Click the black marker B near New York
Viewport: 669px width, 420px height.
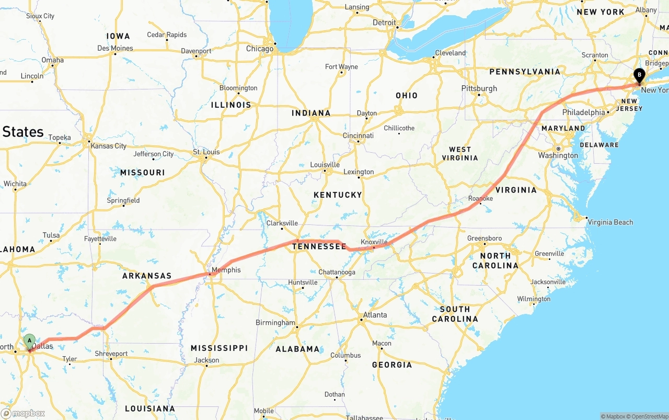click(x=639, y=75)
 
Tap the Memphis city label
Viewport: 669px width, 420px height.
click(x=226, y=270)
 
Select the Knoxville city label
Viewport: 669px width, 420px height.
click(x=374, y=242)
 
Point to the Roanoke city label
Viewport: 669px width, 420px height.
click(x=480, y=199)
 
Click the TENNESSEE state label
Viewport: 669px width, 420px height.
click(x=319, y=246)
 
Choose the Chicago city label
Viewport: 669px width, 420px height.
click(x=260, y=49)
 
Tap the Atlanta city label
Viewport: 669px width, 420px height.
click(x=375, y=315)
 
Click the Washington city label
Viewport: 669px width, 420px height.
click(x=558, y=155)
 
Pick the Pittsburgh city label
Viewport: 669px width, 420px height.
click(x=479, y=88)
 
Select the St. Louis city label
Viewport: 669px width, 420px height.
click(x=206, y=152)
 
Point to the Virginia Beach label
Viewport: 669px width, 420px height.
click(x=610, y=222)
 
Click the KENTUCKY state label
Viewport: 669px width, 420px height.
click(x=338, y=195)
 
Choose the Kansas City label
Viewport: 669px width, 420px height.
click(x=108, y=146)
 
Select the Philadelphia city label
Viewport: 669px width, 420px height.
click(x=583, y=112)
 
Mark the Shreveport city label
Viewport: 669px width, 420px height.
click(x=111, y=354)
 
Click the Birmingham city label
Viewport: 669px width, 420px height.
click(x=275, y=323)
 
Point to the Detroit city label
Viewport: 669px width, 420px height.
click(x=384, y=22)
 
